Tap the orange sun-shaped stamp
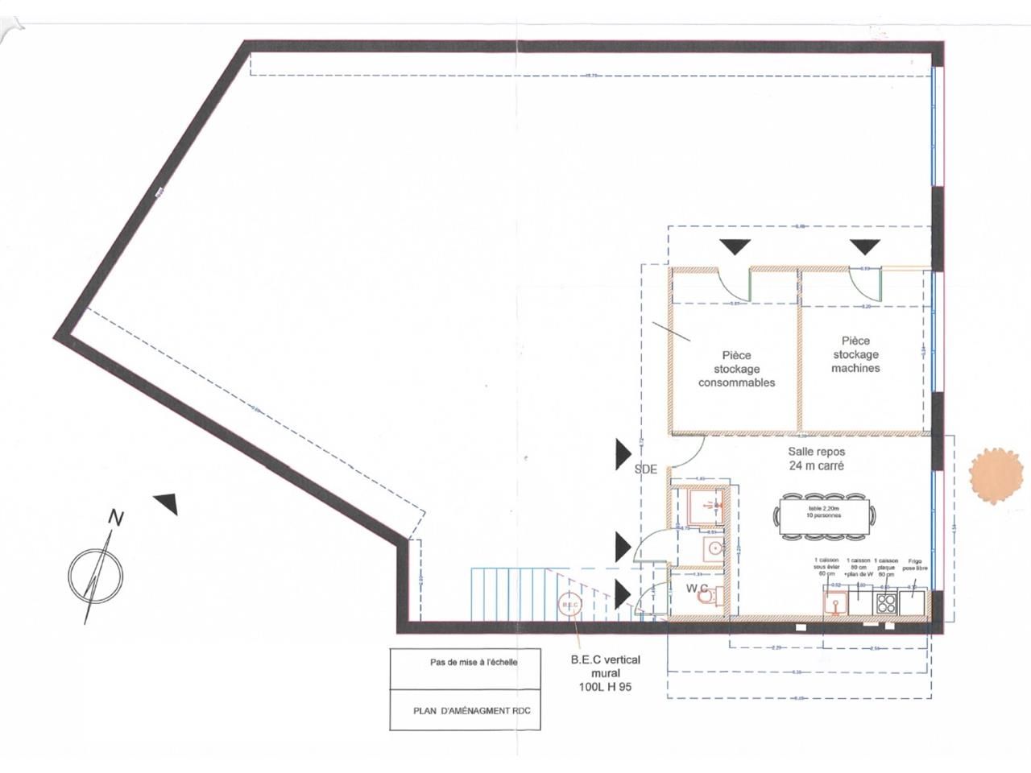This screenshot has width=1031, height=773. pyautogui.click(x=996, y=477)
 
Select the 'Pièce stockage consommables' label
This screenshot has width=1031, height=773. pyautogui.click(x=736, y=369)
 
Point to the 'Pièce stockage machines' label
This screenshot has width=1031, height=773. pyautogui.click(x=855, y=354)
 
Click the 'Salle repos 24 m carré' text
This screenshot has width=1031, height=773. pyautogui.click(x=817, y=458)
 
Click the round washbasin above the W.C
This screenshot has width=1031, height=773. pyautogui.click(x=714, y=548)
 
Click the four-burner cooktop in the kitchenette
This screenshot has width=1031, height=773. pyautogui.click(x=886, y=602)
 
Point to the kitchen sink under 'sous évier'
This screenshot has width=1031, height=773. pyautogui.click(x=835, y=602)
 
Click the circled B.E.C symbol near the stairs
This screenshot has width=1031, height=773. pyautogui.click(x=569, y=605)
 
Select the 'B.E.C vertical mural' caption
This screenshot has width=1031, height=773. pyautogui.click(x=605, y=673)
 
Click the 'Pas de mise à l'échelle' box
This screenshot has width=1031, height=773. pyautogui.click(x=474, y=663)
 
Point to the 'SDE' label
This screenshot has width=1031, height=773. pyautogui.click(x=645, y=469)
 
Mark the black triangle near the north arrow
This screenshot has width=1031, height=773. pyautogui.click(x=168, y=503)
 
